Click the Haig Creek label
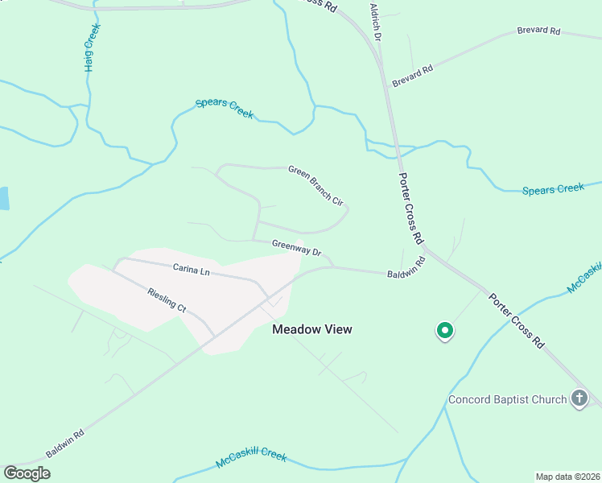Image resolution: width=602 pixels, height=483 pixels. tap(93, 47)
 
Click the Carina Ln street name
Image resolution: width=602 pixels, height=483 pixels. tap(191, 270)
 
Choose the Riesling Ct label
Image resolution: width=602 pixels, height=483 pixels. tap(167, 300)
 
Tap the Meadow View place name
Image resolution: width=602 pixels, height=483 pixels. tap(312, 329)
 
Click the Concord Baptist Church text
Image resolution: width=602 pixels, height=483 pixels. tap(507, 399)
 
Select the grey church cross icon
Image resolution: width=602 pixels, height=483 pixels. tap(579, 398)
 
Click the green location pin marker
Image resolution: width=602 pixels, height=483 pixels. tap(444, 330)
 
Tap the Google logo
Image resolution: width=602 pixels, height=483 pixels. tap(27, 473)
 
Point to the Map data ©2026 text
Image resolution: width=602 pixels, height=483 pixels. tap(567, 477)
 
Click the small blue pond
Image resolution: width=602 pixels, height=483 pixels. tap(3, 198)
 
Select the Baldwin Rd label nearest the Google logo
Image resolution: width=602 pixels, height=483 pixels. tap(64, 443)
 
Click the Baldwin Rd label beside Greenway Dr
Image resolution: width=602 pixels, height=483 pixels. tap(405, 269)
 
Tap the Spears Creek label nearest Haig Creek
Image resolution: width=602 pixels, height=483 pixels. tap(225, 109)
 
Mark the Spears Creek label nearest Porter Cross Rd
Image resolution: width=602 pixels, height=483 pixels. tap(553, 189)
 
